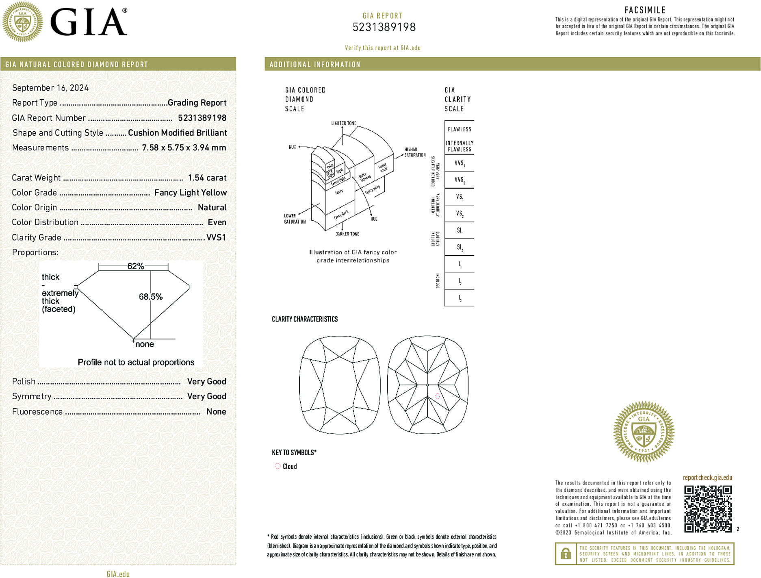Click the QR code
pyautogui.click(x=708, y=508)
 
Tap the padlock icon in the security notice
pyautogui.click(x=566, y=554)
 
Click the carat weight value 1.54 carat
pyautogui.click(x=207, y=178)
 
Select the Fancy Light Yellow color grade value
pyautogui.click(x=190, y=193)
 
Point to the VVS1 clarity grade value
pyautogui.click(x=216, y=237)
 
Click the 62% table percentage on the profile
pyautogui.click(x=135, y=266)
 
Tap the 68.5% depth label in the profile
pyautogui.click(x=150, y=297)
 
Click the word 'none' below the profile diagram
pyautogui.click(x=144, y=344)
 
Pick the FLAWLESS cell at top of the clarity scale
pyautogui.click(x=460, y=129)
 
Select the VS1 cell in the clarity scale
pyautogui.click(x=460, y=197)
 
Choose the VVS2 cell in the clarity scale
pyautogui.click(x=460, y=180)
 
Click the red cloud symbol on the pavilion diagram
pyautogui.click(x=438, y=396)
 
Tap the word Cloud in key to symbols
pyautogui.click(x=290, y=467)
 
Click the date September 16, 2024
pyautogui.click(x=50, y=88)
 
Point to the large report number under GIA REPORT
pyautogui.click(x=384, y=27)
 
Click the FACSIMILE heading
pyautogui.click(x=645, y=10)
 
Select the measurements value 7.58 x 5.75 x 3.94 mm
pyautogui.click(x=184, y=148)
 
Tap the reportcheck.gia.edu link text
pyautogui.click(x=707, y=478)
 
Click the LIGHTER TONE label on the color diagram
pyautogui.click(x=343, y=123)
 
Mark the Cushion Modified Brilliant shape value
pyautogui.click(x=177, y=133)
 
